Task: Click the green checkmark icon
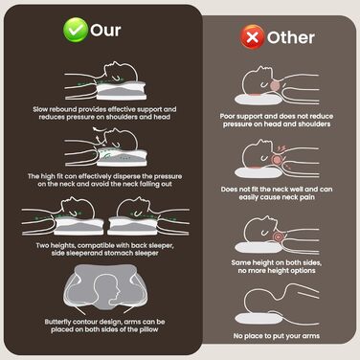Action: coord(76,30)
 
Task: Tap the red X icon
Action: coord(253,37)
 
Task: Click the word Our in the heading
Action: coord(105,31)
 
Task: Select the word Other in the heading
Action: coord(291,37)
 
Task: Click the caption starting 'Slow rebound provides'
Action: coord(104,113)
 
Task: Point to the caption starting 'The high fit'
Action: coord(104,180)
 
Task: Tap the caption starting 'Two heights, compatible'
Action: coord(104,249)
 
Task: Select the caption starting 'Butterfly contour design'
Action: coord(104,326)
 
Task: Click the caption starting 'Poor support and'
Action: coord(277,120)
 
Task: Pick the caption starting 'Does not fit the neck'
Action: coord(277,193)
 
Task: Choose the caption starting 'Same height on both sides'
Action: coord(277,266)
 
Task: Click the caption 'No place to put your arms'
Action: coord(277,336)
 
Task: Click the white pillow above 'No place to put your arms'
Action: coord(259,319)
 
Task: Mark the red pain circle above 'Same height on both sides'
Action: coord(278,236)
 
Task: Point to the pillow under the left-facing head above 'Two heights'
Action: coord(79,226)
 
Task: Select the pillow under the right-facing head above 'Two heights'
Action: coord(133,226)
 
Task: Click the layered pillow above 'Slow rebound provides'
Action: coord(121,90)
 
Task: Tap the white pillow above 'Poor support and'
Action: coord(259,100)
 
